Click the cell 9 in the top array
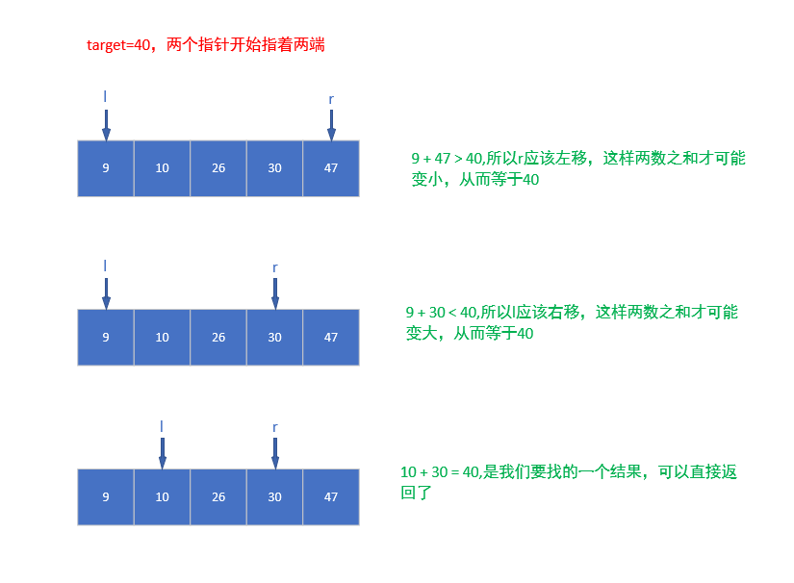coord(106,168)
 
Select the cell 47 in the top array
coord(331,168)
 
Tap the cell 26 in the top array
coord(218,168)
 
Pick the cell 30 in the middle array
coord(274,338)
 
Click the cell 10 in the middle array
coord(162,338)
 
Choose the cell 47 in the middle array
coord(331,338)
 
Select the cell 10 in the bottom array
coord(162,497)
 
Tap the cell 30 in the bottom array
coord(274,497)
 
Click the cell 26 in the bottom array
coord(218,497)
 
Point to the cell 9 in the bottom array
coord(106,497)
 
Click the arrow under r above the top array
coord(331,124)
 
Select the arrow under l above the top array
coord(106,124)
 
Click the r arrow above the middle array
coord(275,293)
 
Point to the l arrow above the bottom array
coord(162,453)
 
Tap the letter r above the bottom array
coord(275,426)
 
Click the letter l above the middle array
coord(106,266)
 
